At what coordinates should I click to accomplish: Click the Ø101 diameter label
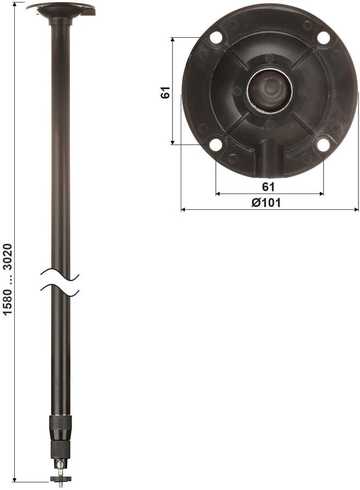(x=266, y=203)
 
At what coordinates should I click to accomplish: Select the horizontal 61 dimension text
(x=268, y=187)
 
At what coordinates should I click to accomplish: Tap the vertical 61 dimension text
(x=165, y=92)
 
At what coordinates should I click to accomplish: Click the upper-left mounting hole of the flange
(x=215, y=37)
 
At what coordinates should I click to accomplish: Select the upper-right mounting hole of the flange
(x=324, y=38)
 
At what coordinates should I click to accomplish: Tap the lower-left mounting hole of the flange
(x=215, y=144)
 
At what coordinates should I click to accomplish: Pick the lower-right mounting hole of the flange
(x=323, y=144)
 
